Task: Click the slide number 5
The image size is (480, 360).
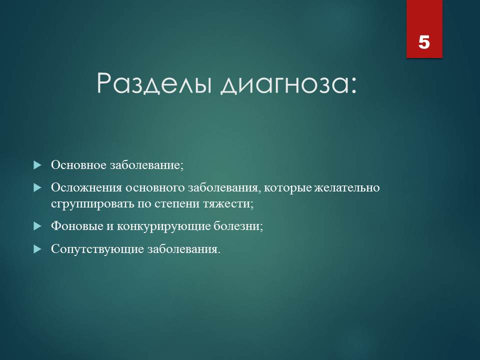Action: click(x=424, y=42)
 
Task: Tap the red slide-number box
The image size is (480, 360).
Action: click(x=424, y=29)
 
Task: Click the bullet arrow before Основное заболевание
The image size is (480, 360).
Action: click(x=37, y=165)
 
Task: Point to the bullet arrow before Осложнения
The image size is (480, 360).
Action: click(x=37, y=188)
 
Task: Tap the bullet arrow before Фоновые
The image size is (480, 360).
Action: click(x=37, y=226)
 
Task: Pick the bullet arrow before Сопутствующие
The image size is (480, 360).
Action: click(x=37, y=249)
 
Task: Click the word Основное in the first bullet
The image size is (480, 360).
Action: click(x=78, y=165)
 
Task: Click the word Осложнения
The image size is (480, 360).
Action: click(x=86, y=187)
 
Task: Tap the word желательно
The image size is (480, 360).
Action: click(x=347, y=187)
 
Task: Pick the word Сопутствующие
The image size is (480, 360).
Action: click(x=97, y=249)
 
